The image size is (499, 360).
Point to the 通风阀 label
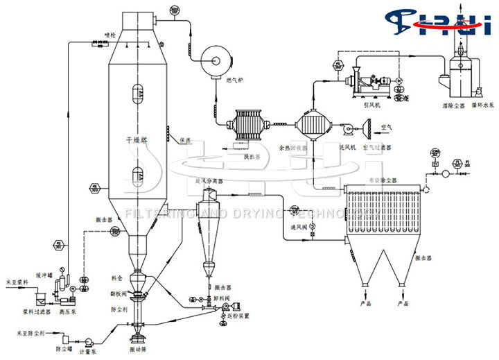coord(298,226)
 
